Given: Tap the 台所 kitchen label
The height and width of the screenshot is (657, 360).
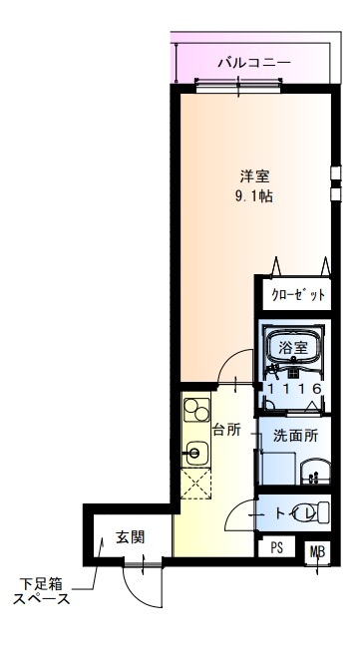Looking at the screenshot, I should click(227, 430).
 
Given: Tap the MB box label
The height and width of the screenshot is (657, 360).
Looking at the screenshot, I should click(317, 551).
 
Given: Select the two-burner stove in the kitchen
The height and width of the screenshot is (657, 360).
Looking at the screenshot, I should click(196, 411).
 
